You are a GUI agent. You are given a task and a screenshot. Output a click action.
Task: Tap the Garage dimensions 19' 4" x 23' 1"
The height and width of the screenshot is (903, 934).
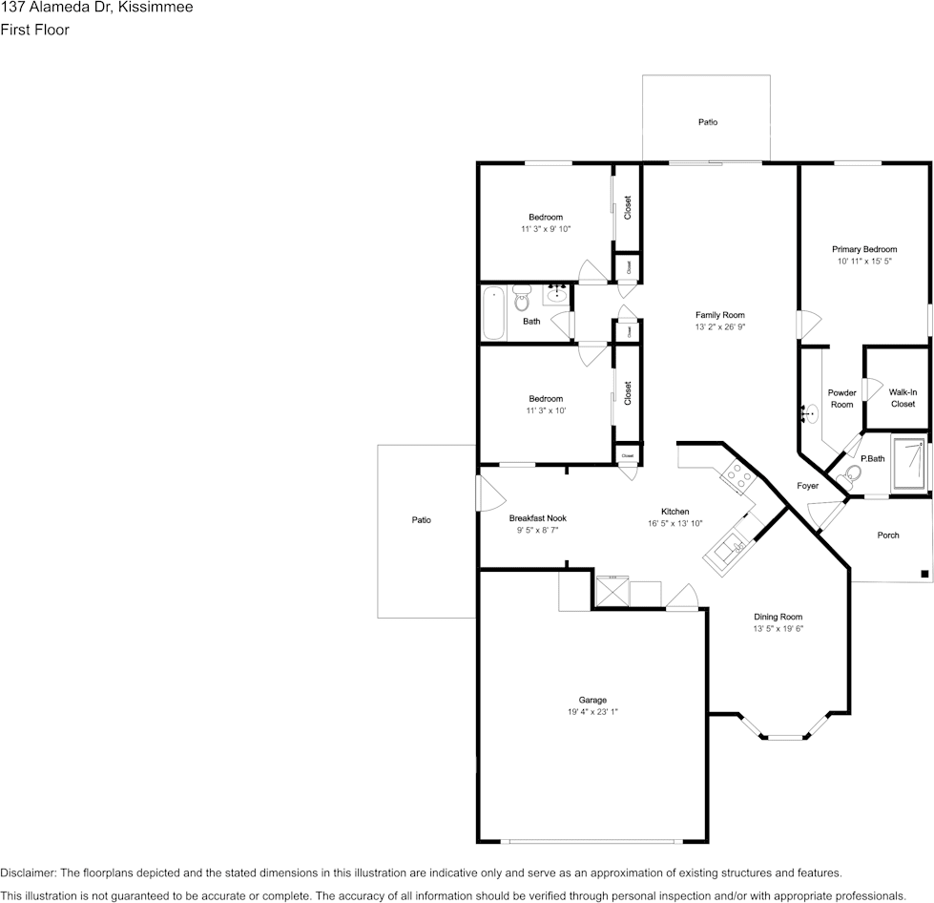coord(592,712)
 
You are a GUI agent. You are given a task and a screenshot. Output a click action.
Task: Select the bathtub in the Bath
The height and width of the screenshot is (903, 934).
coord(493,313)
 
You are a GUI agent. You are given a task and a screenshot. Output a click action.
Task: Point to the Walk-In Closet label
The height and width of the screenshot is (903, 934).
coord(903,398)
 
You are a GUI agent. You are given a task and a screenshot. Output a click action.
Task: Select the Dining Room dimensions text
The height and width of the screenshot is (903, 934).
coord(778,629)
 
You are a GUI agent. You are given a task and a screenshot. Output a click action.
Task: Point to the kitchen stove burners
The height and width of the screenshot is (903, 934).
coord(737,473)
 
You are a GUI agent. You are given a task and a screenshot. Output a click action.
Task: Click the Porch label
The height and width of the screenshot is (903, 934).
coord(887,535)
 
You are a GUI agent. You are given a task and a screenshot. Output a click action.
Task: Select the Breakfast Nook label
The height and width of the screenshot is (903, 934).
coord(537,518)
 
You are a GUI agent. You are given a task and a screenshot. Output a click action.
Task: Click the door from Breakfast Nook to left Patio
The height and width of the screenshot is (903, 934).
coord(488,493)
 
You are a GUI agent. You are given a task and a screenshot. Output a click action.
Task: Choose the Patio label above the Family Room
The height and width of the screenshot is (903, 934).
coord(707,122)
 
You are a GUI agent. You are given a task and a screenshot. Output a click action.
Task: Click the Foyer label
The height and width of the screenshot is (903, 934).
coord(807,486)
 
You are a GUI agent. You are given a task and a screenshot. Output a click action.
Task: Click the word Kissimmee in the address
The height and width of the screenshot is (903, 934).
coord(157,9)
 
